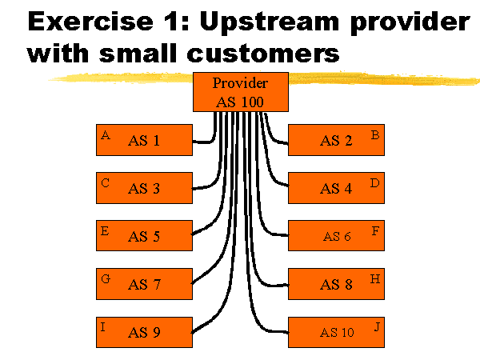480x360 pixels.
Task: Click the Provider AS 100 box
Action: [241, 93]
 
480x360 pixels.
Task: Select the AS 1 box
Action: [144, 140]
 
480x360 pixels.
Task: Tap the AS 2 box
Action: [336, 140]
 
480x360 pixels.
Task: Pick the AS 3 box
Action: [144, 188]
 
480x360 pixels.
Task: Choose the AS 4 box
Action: [336, 188]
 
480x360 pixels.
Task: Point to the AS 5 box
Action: [144, 236]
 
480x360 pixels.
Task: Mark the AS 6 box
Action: [336, 236]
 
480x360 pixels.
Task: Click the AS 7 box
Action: [144, 284]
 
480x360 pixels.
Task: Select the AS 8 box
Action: [336, 284]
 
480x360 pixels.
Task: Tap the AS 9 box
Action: [144, 332]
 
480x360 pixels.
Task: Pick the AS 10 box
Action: [336, 332]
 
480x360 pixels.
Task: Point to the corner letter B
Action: [375, 135]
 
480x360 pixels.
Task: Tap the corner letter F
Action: [375, 230]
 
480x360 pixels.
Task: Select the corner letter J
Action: [376, 326]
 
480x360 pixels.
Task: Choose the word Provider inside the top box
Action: [241, 83]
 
